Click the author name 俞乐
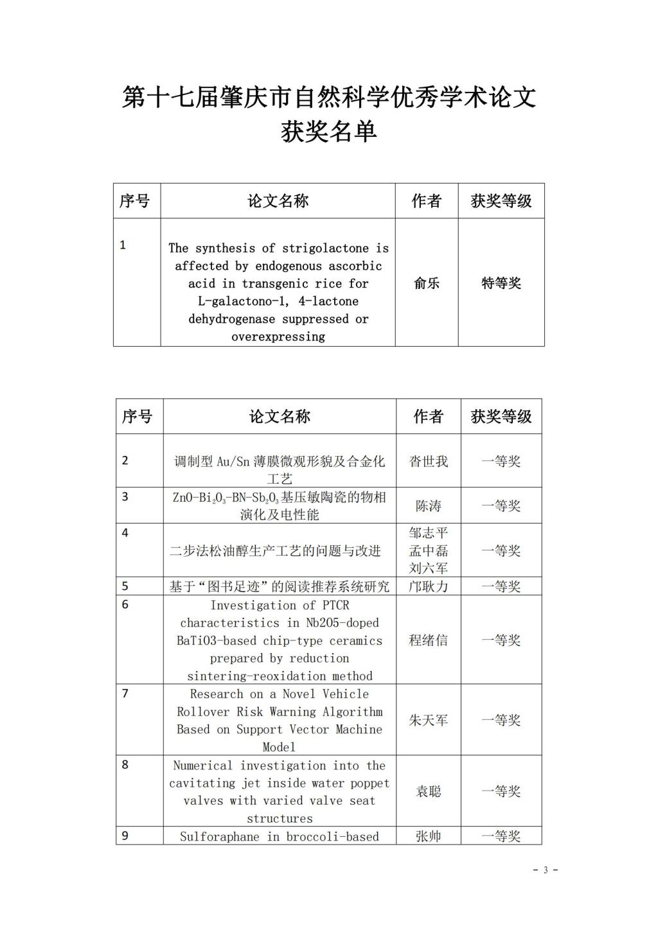427,283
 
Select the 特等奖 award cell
501,283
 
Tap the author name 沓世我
429,461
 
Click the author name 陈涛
429,506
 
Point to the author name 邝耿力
429,586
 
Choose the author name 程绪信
429,640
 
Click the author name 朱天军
429,721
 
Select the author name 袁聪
429,792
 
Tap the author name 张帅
429,836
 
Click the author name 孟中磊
429,551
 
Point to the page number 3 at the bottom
546,870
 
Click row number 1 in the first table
123,245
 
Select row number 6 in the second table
125,604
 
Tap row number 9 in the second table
125,836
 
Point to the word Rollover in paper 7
202,712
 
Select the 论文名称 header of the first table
278,201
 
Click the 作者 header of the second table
429,417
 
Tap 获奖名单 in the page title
329,132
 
